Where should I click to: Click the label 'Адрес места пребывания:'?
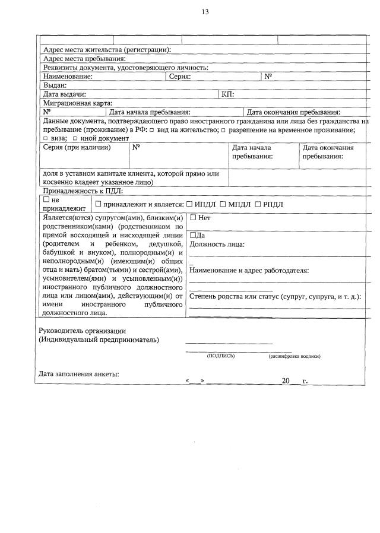(x=84, y=59)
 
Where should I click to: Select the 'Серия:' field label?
(x=179, y=77)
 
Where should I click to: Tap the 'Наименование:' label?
(x=68, y=77)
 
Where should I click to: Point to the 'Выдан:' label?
(x=55, y=85)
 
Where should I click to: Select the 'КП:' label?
(x=227, y=94)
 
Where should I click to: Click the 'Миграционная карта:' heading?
(x=77, y=103)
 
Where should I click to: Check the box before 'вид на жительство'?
(x=152, y=130)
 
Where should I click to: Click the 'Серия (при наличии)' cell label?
(x=77, y=148)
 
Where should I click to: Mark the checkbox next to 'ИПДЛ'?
(x=189, y=205)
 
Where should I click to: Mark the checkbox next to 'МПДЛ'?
(x=223, y=205)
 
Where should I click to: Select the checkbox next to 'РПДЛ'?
(x=258, y=205)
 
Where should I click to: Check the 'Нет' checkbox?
(x=193, y=218)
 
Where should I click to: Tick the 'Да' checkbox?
(x=192, y=236)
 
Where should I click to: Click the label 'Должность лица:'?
(x=217, y=244)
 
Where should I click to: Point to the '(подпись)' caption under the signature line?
(x=220, y=356)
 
